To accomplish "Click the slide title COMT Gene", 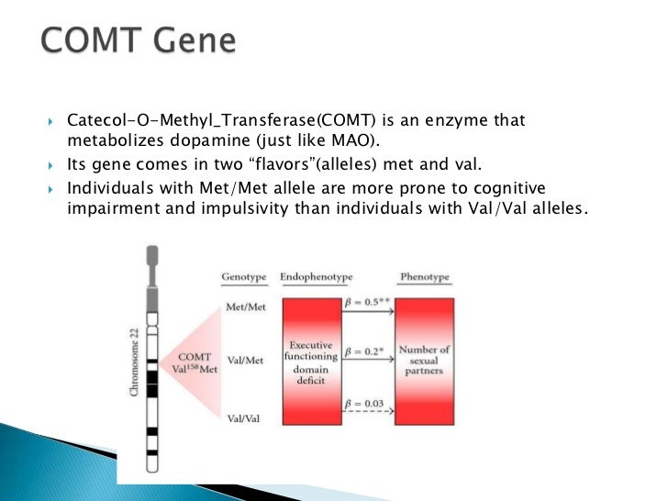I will (x=138, y=42).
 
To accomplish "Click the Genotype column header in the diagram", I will (x=244, y=277).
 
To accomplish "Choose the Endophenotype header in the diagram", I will (x=317, y=277).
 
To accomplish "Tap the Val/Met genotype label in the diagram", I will (x=245, y=361).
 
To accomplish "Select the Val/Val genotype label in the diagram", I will (x=245, y=417).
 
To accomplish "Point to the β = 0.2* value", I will (x=366, y=351).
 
